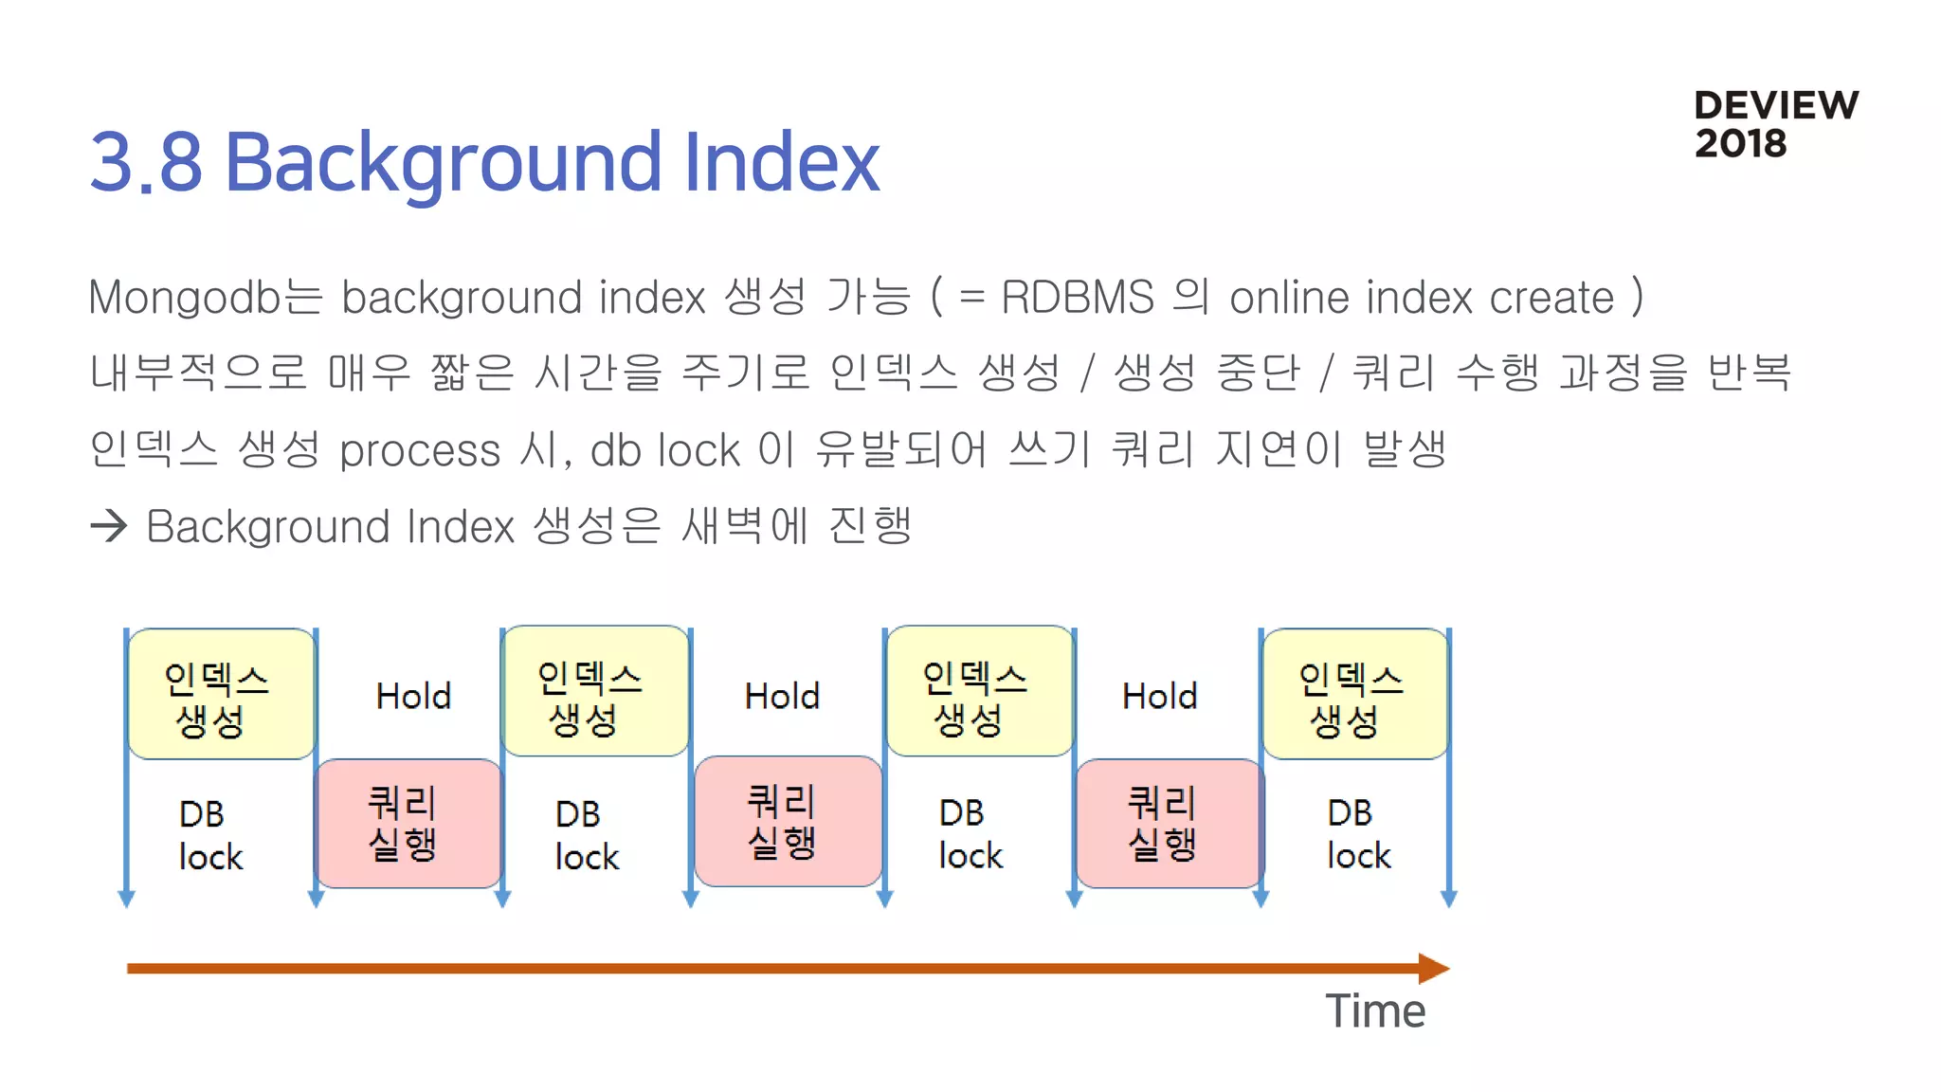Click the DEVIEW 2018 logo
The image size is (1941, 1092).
point(1775,124)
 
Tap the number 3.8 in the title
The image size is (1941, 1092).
point(146,162)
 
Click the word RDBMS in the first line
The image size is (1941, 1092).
point(1078,298)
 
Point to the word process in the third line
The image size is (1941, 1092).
point(419,450)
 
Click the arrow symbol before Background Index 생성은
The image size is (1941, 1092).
point(109,526)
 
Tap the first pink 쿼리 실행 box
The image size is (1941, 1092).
point(408,823)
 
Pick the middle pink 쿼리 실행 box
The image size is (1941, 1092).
point(788,821)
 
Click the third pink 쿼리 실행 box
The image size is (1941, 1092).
point(1169,823)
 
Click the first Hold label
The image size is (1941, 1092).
point(413,696)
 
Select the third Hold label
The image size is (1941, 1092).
point(1159,696)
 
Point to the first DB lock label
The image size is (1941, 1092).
point(209,834)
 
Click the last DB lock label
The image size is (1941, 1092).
point(1357,834)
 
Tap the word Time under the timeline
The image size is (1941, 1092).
point(1374,1010)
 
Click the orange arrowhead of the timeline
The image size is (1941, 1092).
point(1433,968)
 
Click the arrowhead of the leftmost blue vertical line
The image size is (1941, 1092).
point(126,898)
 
